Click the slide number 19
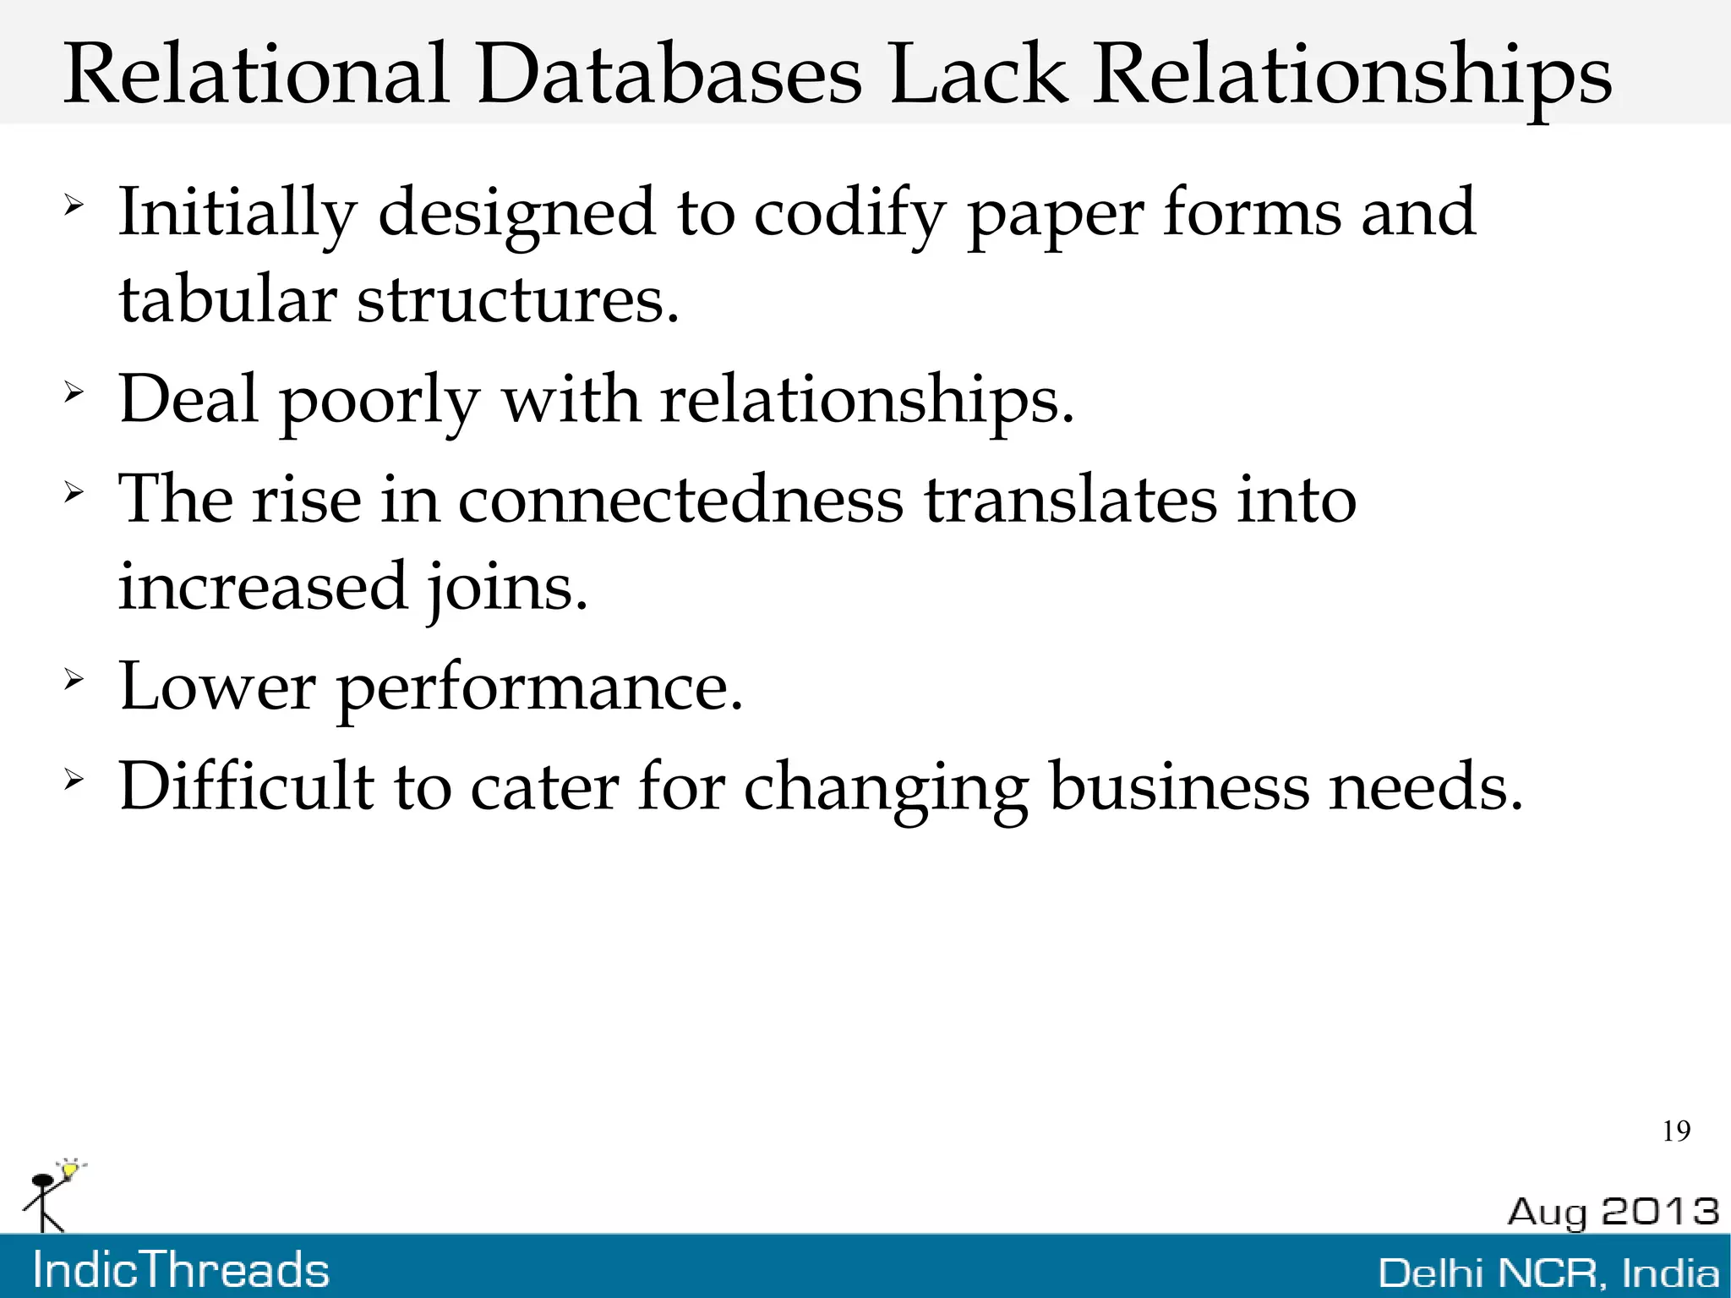click(1676, 1131)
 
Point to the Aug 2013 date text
click(1613, 1212)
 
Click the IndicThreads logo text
click(181, 1270)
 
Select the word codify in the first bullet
click(848, 213)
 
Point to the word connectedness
click(680, 499)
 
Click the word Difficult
click(246, 786)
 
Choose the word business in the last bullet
click(1178, 786)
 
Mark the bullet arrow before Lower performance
click(74, 678)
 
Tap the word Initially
click(238, 213)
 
